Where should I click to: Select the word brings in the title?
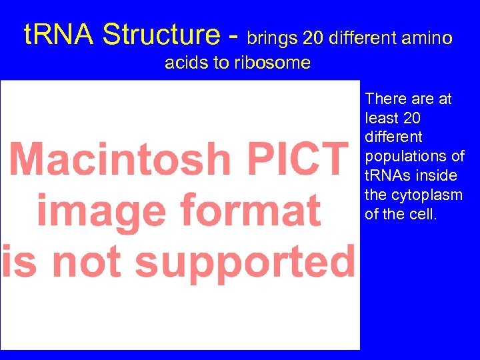pyautogui.click(x=273, y=38)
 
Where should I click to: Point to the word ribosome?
pyautogui.click(x=278, y=63)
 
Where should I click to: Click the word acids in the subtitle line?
pyautogui.click(x=185, y=63)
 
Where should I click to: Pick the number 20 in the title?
pyautogui.click(x=312, y=38)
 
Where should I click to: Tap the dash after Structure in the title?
pyautogui.click(x=234, y=36)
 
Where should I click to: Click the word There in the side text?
pyautogui.click(x=385, y=99)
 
